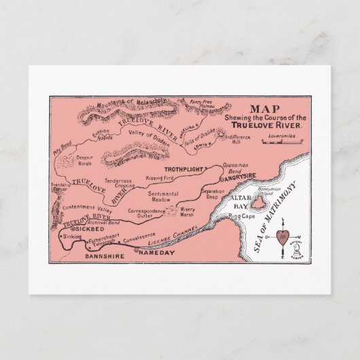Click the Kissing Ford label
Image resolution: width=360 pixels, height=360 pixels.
[x=160, y=177]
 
